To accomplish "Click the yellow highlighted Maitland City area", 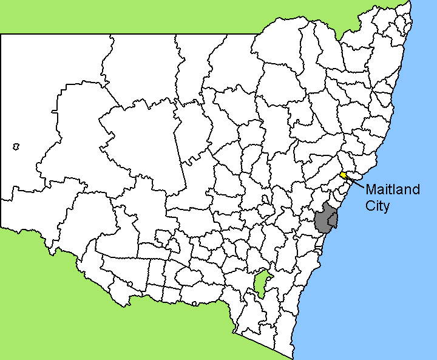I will (x=344, y=175).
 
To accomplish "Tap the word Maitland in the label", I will (x=392, y=189).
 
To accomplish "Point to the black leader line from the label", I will (x=356, y=182).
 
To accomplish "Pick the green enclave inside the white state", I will (x=262, y=283).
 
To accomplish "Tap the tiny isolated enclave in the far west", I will (x=16, y=146).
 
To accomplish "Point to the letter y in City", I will (x=386, y=207).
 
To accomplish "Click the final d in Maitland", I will (x=416, y=189).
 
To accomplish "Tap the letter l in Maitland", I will (x=396, y=189).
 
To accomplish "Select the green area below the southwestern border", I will (x=91, y=316).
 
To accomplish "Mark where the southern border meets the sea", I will (x=295, y=357).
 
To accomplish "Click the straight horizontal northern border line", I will (x=121, y=34).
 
